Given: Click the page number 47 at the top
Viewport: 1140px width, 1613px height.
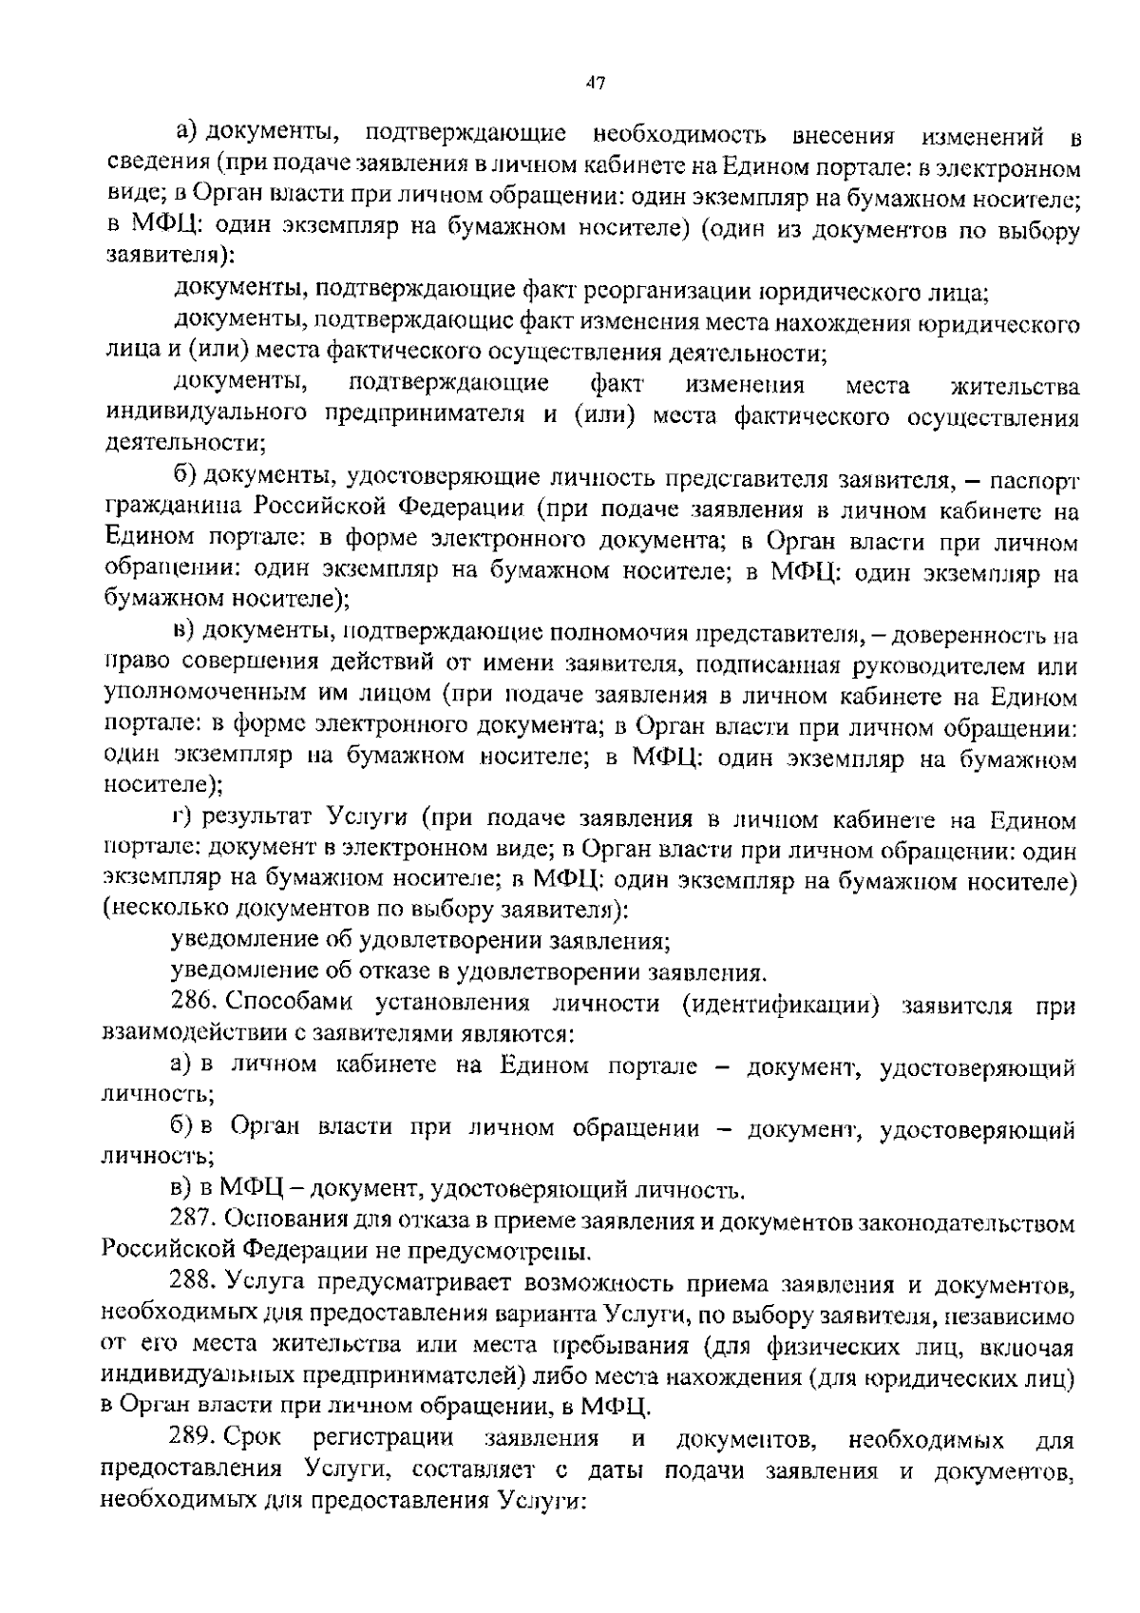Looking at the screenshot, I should [596, 83].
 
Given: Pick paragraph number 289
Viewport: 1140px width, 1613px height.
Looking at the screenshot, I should [195, 1438].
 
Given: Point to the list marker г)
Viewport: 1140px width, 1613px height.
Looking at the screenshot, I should [183, 818].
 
